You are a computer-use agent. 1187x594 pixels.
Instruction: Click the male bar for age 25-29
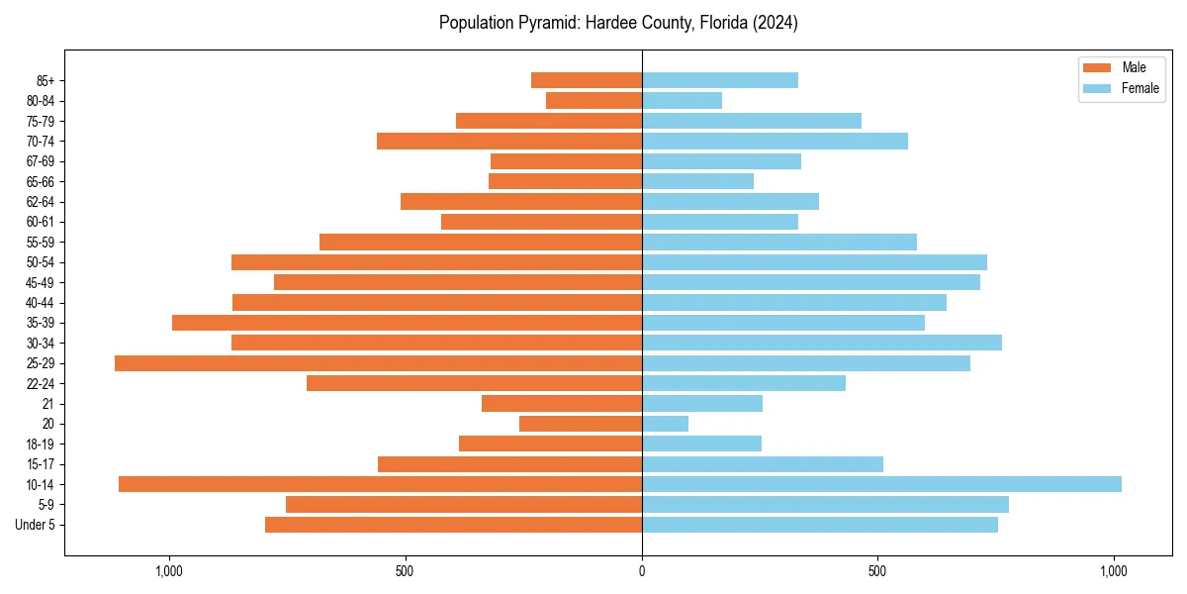[x=378, y=363]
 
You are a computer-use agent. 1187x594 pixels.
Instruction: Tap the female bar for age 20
[x=665, y=424]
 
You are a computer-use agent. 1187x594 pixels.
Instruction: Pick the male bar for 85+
[x=587, y=80]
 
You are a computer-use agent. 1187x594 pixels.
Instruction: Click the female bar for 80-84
[x=682, y=100]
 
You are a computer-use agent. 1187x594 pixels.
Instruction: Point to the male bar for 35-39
[x=407, y=323]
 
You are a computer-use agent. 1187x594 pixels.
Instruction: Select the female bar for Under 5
[x=819, y=525]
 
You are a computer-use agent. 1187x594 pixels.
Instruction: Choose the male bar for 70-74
[x=509, y=141]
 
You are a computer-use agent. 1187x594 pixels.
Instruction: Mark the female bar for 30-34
[x=821, y=343]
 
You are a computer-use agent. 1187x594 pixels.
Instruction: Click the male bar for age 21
[x=562, y=403]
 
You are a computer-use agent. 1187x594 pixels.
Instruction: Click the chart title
[x=618, y=23]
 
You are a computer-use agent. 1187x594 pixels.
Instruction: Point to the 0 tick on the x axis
[x=642, y=571]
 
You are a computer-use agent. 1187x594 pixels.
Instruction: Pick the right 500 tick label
[x=877, y=571]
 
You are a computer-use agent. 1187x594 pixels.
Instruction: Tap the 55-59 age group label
[x=39, y=242]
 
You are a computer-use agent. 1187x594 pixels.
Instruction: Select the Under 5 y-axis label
[x=35, y=525]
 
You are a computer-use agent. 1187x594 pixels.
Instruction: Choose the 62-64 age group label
[x=39, y=201]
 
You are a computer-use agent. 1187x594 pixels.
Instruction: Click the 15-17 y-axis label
[x=39, y=464]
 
